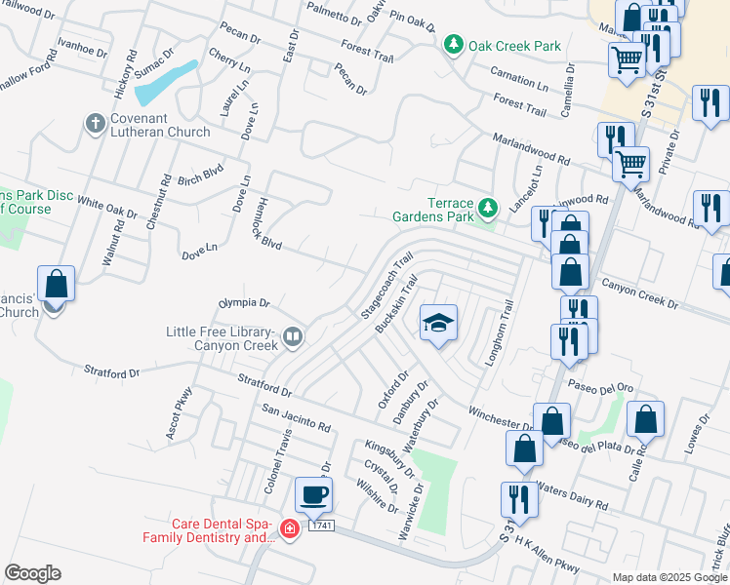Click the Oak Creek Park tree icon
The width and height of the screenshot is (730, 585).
(x=453, y=45)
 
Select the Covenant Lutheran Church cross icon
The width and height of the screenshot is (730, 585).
(x=95, y=123)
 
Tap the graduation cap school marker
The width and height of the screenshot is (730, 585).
(x=438, y=323)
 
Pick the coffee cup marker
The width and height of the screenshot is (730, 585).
(x=313, y=494)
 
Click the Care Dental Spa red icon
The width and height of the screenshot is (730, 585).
(x=289, y=528)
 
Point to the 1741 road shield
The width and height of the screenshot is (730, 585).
(x=322, y=526)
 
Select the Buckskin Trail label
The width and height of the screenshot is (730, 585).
(x=398, y=303)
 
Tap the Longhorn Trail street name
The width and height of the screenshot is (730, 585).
(x=498, y=332)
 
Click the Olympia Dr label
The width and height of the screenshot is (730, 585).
(x=243, y=302)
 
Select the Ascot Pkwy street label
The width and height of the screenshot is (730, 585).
(x=180, y=412)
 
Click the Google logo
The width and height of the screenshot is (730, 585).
(x=32, y=573)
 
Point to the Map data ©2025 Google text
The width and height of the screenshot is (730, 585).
(x=669, y=577)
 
